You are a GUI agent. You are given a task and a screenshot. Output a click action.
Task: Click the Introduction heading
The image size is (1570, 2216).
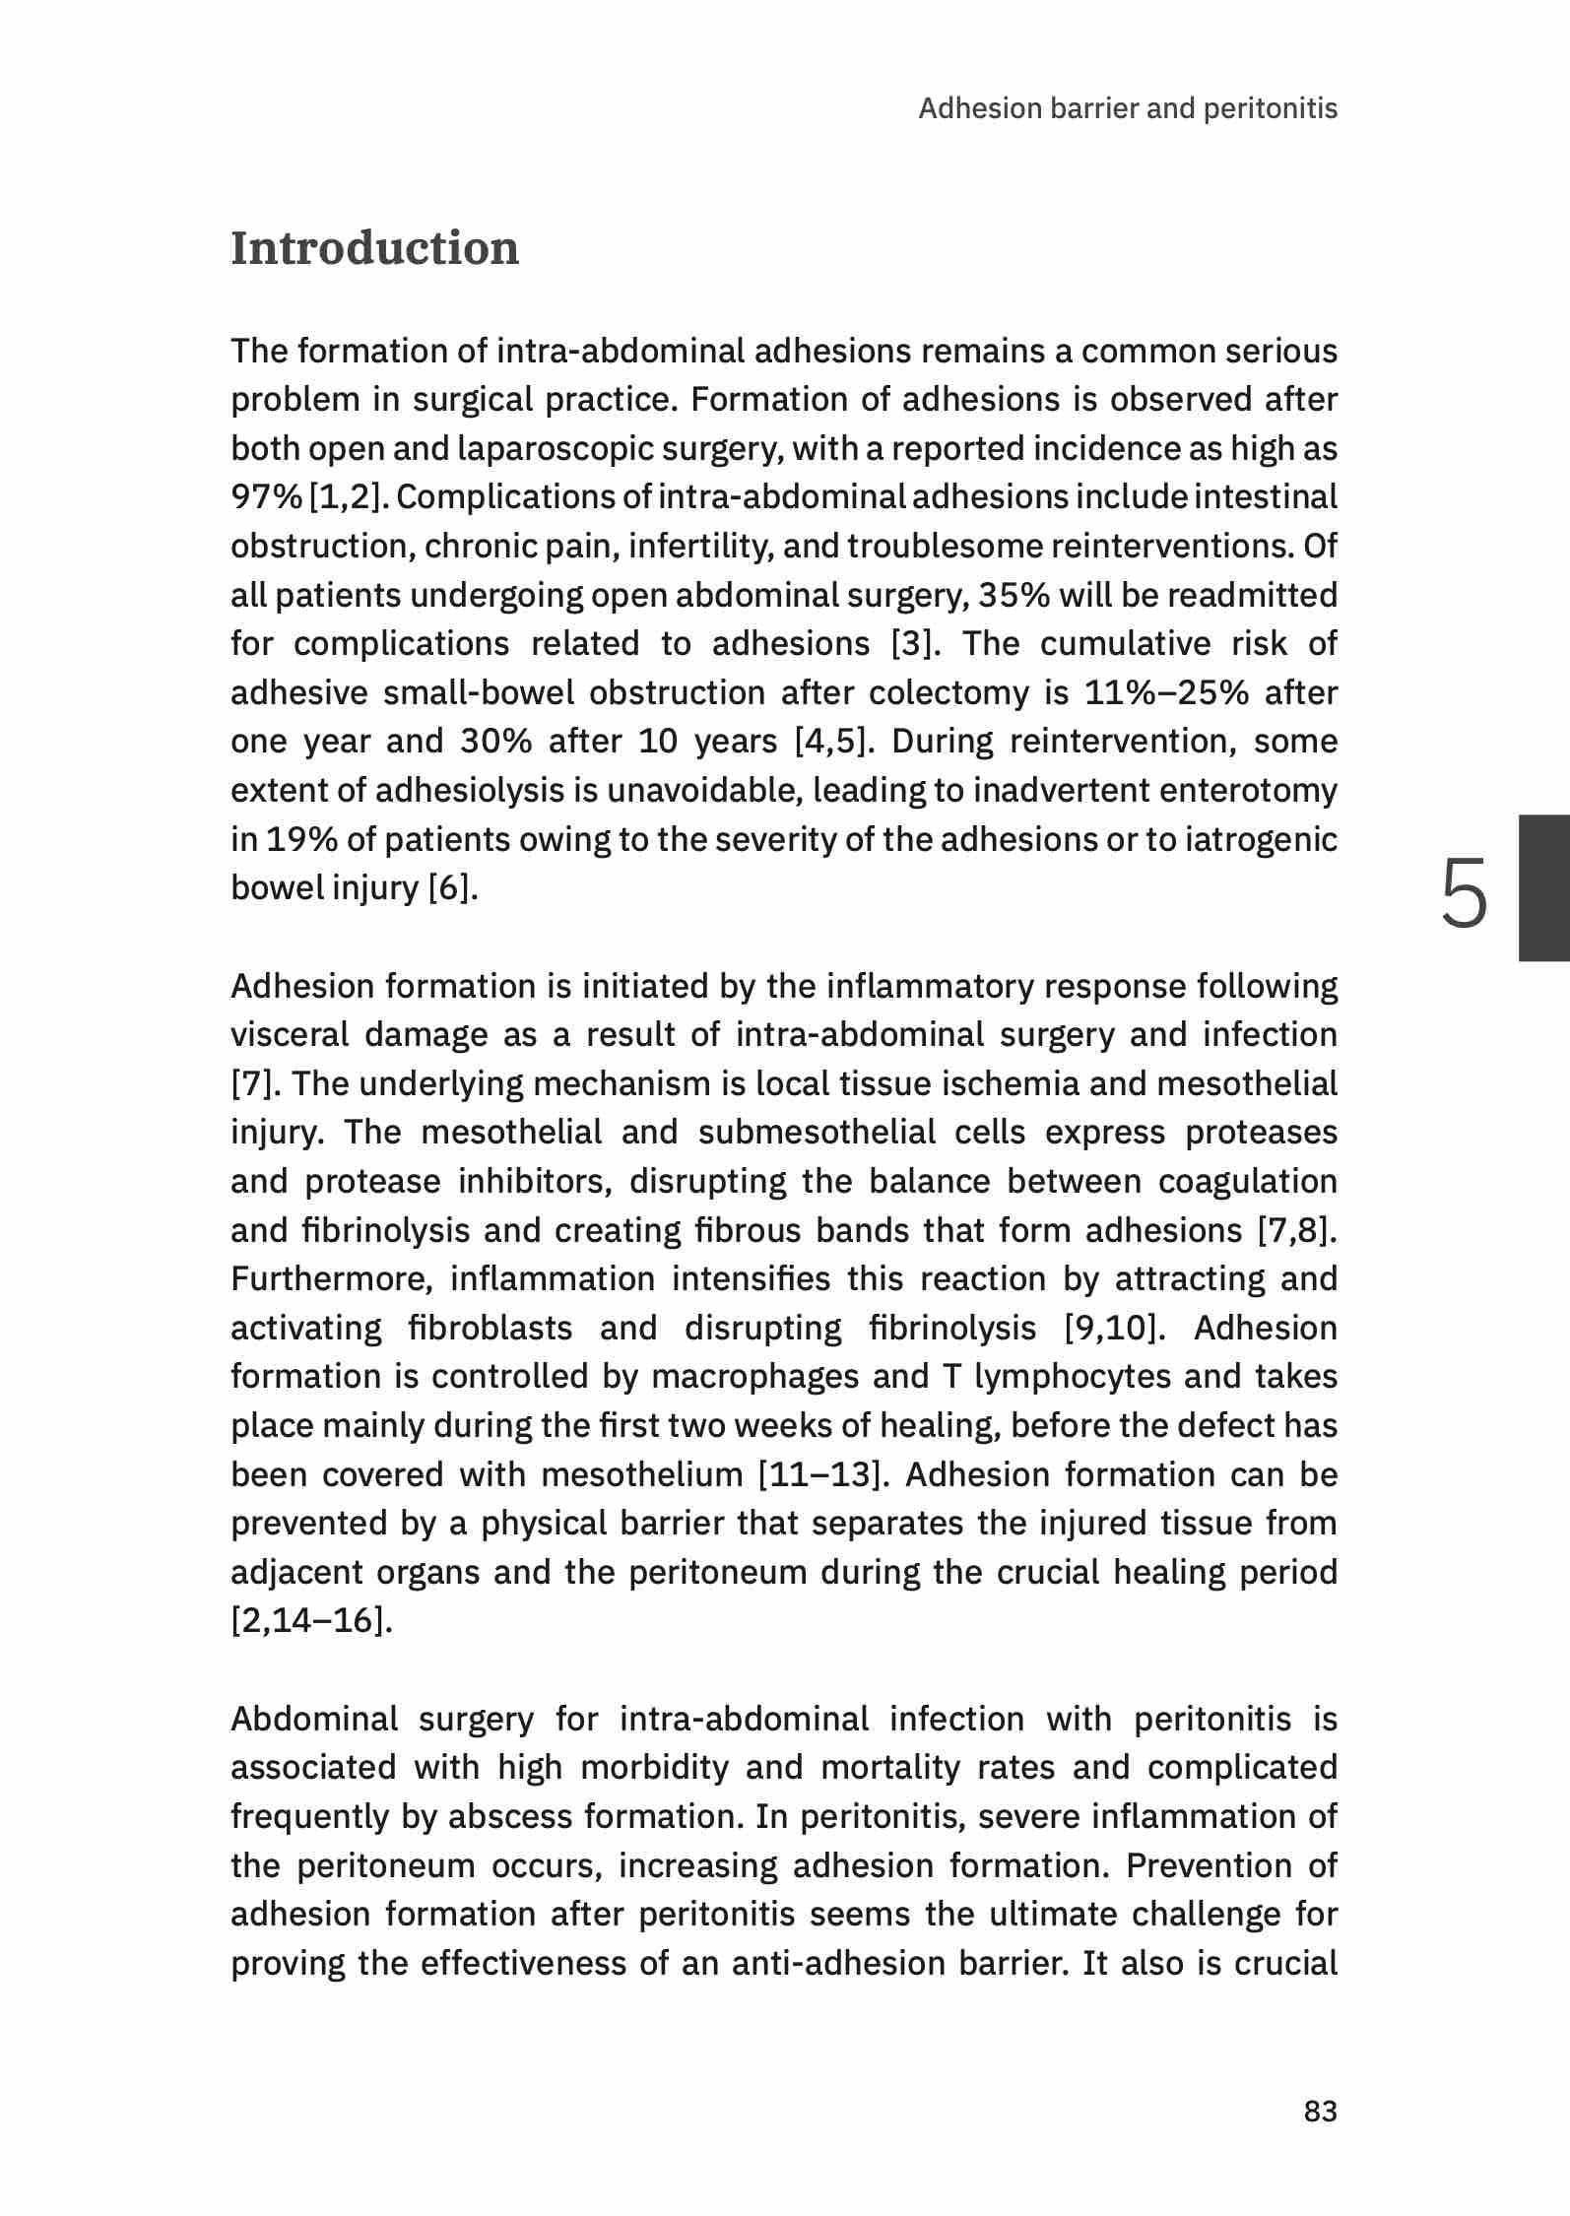pos(374,248)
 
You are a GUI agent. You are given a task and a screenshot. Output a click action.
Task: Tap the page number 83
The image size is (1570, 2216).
pos(1320,2111)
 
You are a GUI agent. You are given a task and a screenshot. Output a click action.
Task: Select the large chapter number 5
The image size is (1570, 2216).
pos(1464,892)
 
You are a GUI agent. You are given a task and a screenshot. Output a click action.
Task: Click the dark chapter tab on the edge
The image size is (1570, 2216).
pos(1543,887)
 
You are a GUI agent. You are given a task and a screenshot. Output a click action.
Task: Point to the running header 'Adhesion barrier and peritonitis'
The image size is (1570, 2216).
pos(1127,108)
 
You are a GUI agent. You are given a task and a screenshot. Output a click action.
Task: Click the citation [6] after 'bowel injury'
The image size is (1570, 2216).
pos(452,888)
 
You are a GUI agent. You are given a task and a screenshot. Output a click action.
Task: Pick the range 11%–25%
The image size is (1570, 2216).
pos(1166,693)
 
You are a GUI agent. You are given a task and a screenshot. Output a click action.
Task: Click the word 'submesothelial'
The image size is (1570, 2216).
pos(817,1133)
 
